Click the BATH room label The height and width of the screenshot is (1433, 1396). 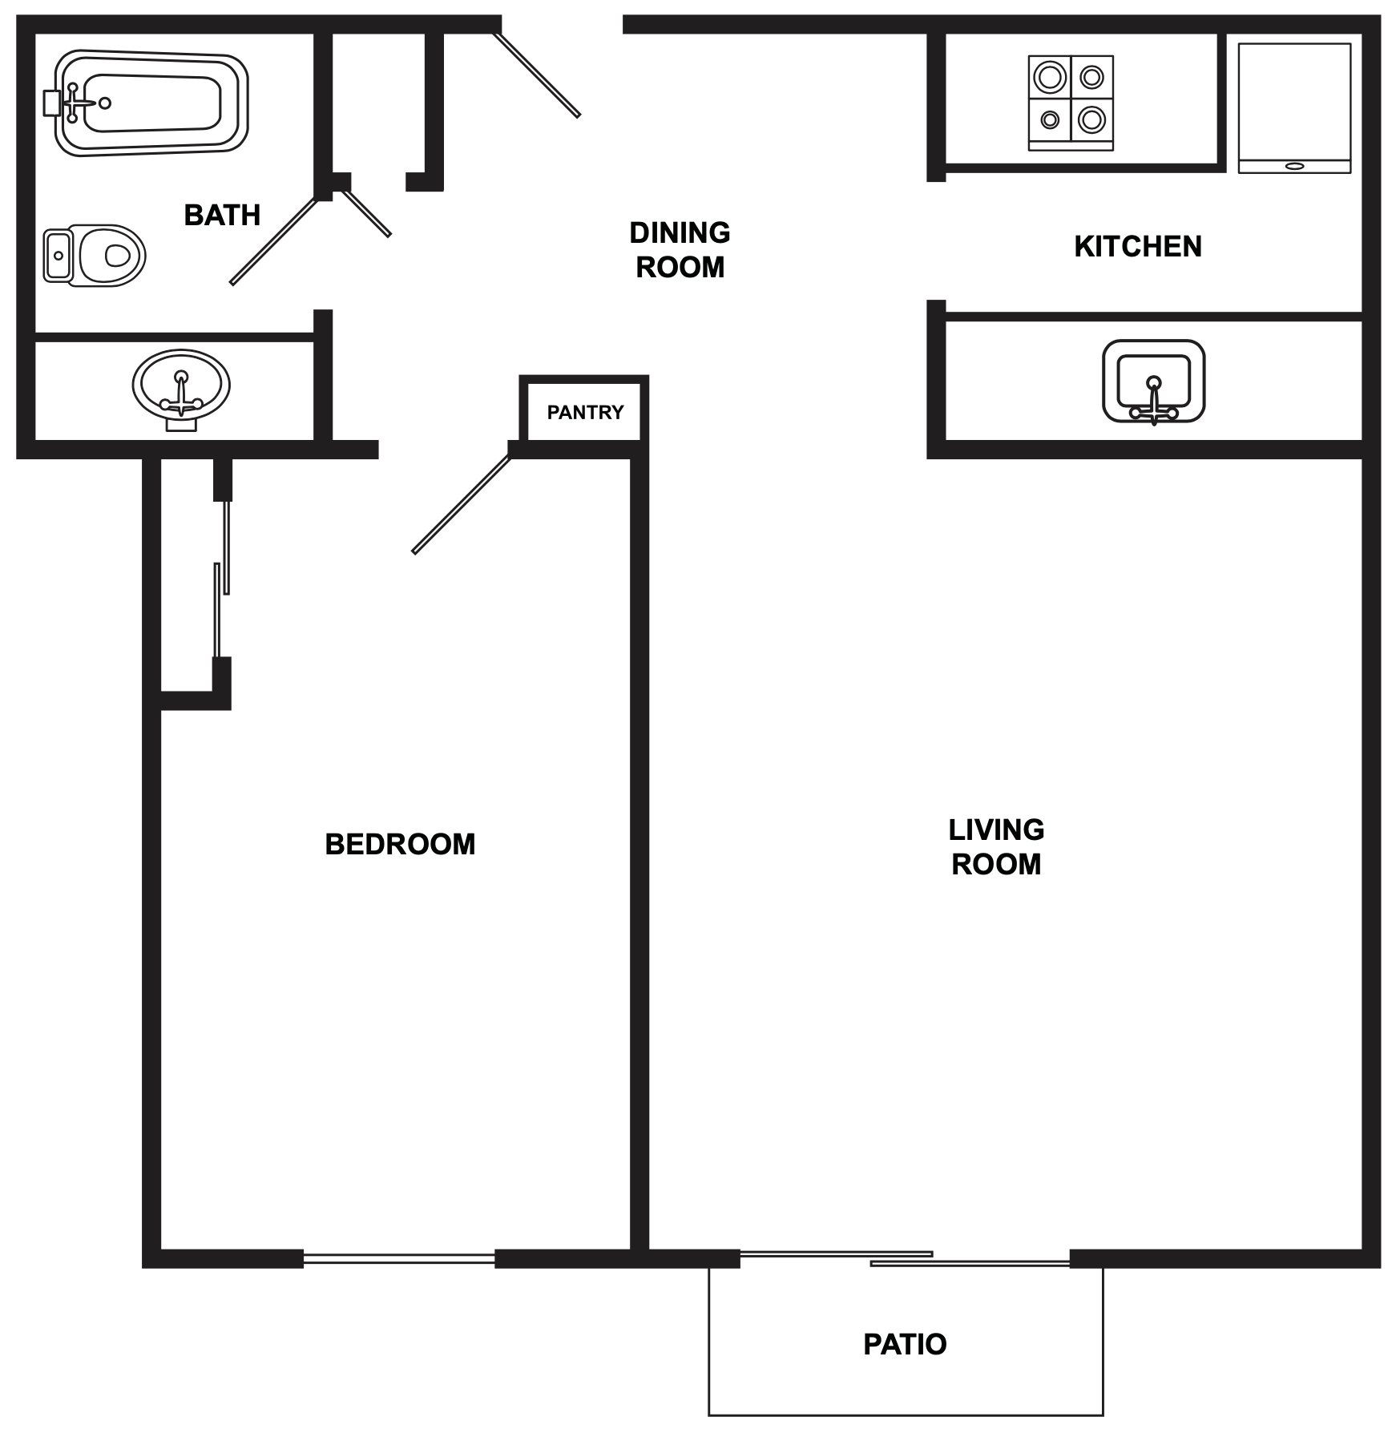click(222, 215)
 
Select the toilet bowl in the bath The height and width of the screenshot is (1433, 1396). click(107, 256)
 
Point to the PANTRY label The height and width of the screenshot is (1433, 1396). click(585, 412)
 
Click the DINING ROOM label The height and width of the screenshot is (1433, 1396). click(680, 250)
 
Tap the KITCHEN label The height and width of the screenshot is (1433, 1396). click(1137, 246)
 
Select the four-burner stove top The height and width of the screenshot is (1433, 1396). click(1071, 103)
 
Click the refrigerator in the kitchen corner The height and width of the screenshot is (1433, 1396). click(1294, 107)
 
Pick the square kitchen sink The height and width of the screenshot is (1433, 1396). click(1153, 381)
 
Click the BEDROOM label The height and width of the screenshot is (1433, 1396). click(400, 844)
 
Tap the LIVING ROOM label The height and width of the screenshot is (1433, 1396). click(996, 847)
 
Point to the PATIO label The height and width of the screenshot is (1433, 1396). click(905, 1344)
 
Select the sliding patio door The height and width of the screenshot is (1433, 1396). click(904, 1258)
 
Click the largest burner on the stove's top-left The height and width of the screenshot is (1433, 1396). click(1049, 78)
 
